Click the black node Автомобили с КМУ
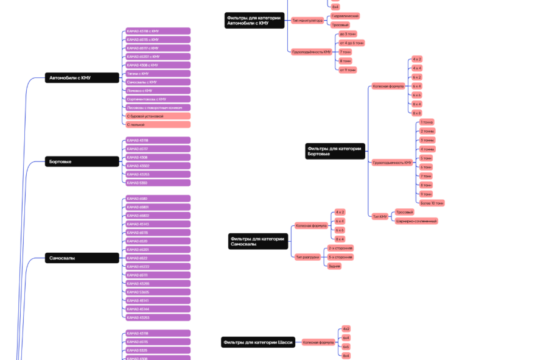[82, 78]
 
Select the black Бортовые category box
[82, 161]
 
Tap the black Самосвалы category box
[82, 258]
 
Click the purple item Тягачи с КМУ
[157, 74]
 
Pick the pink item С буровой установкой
[157, 116]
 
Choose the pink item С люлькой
[157, 124]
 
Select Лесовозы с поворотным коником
[157, 107]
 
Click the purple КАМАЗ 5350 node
[157, 183]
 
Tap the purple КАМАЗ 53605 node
[157, 292]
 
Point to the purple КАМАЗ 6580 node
[157, 199]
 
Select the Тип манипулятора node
[307, 21]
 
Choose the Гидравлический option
[345, 16]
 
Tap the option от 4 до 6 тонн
[352, 43]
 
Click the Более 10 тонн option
[432, 203]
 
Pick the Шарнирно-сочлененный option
[416, 221]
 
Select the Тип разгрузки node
[307, 257]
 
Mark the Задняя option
[334, 266]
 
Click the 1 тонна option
[427, 122]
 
